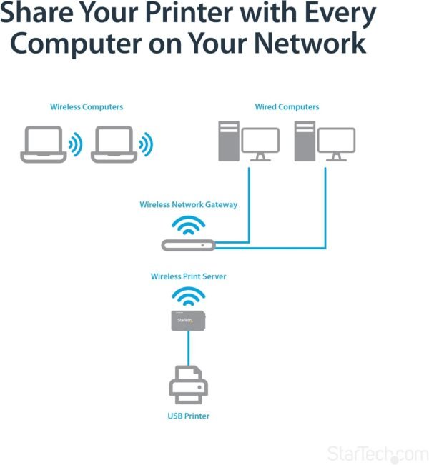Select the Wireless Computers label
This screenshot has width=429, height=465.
click(87, 107)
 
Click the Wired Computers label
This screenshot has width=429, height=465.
click(287, 107)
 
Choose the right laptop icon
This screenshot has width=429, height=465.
click(112, 144)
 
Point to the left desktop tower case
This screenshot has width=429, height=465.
click(228, 141)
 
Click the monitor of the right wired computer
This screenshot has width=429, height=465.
click(336, 144)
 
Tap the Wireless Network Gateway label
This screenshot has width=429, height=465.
click(189, 205)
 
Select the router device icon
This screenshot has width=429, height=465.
click(188, 245)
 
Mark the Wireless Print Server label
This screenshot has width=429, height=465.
click(189, 276)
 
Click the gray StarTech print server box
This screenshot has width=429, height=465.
click(188, 321)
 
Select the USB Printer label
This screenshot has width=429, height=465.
click(189, 416)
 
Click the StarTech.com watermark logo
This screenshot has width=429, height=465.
click(377, 454)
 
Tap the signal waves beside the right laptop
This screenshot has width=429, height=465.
click(146, 145)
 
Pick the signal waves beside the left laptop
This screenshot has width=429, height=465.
click(75, 145)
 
